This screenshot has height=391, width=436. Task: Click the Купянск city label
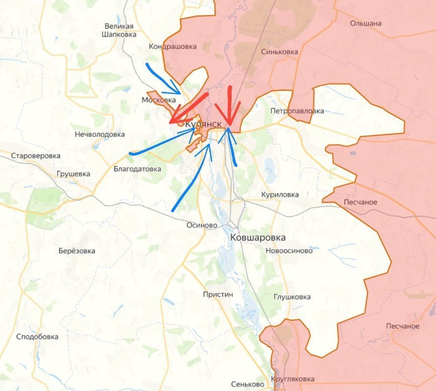point(203,123)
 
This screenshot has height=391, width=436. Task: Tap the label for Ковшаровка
point(258,237)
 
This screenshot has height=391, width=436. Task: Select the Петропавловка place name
point(297,111)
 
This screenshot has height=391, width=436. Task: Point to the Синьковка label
point(279,52)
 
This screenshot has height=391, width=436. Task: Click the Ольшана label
point(365,23)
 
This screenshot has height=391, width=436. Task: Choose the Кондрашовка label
point(173,47)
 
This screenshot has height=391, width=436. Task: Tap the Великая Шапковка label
point(119,30)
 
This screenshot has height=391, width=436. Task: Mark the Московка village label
point(159,100)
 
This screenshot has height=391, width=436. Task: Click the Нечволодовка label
point(100,135)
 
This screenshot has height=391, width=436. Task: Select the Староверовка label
point(36,156)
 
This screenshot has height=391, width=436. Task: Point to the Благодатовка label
point(137,169)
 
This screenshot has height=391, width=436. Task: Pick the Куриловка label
point(280,194)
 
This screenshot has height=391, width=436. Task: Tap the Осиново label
point(202,225)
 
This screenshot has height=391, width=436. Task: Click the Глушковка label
point(292,297)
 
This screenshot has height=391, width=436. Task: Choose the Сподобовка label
point(37,337)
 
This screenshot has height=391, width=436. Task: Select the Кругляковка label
point(293,379)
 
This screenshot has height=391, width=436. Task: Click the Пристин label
point(218,294)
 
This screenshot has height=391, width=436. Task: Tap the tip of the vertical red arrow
point(229,125)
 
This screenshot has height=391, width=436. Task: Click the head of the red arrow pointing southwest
point(171,123)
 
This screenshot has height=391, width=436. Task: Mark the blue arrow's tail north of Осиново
point(173,210)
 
